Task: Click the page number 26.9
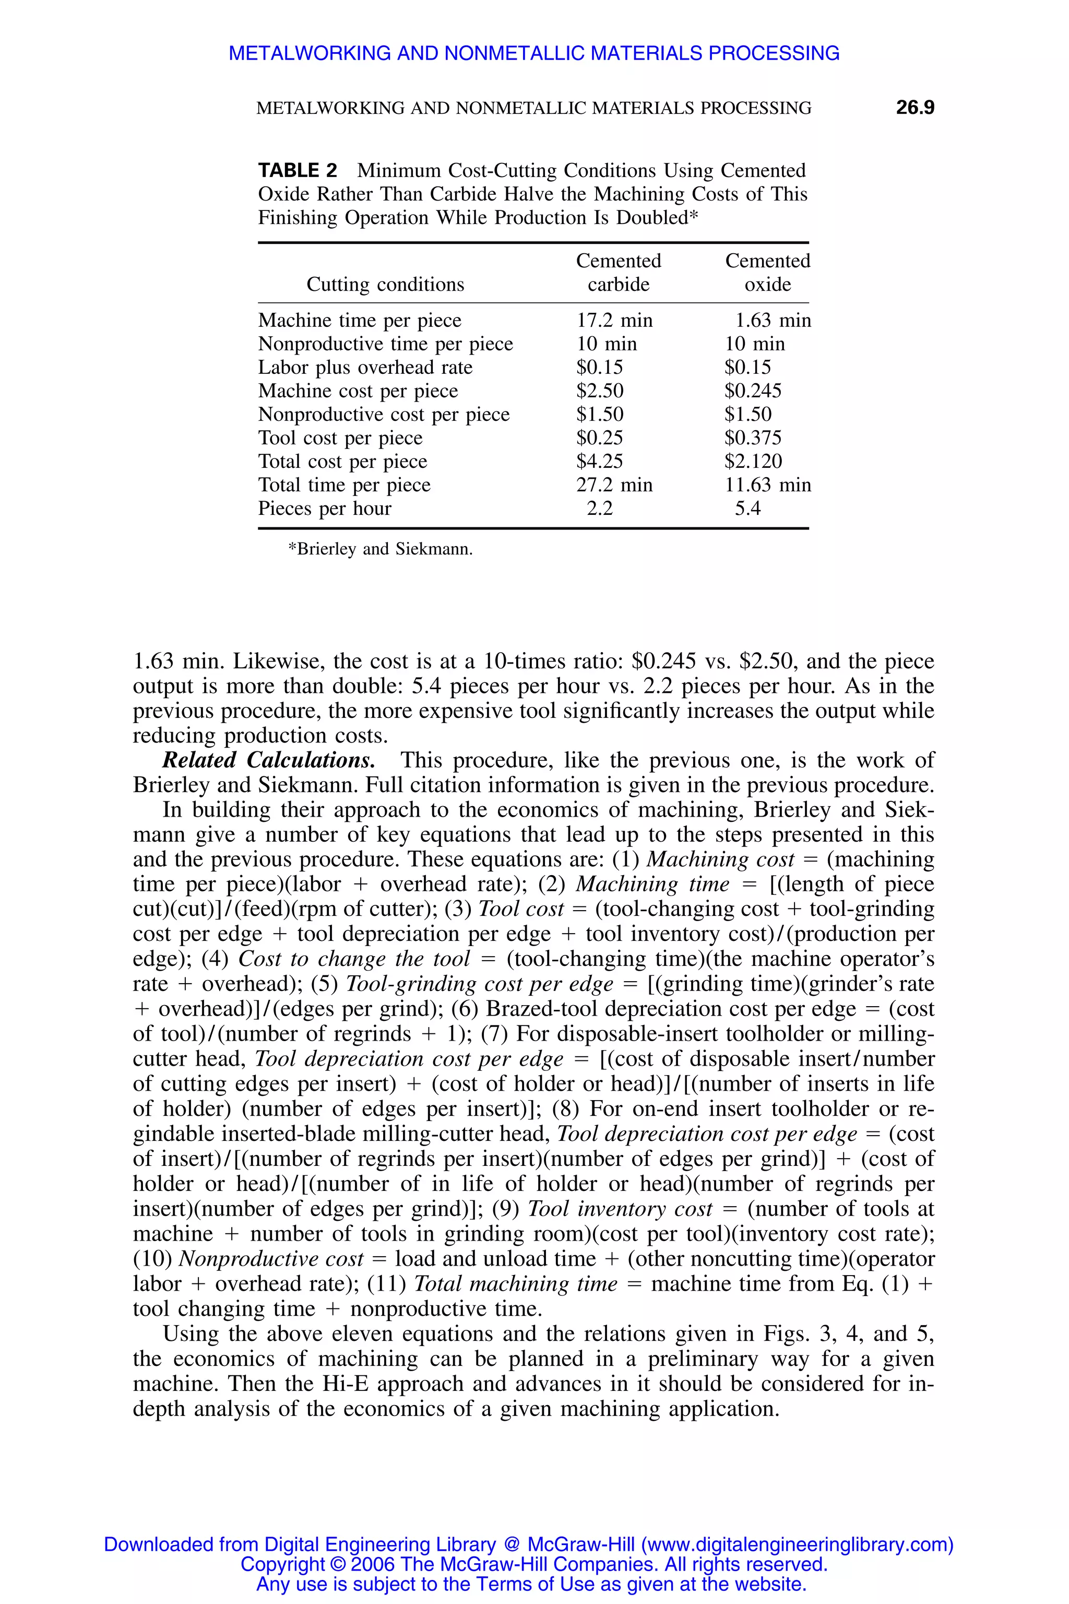[x=914, y=108]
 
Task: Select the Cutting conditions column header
[x=385, y=285]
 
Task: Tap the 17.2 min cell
[x=614, y=321]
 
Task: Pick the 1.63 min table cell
[x=772, y=321]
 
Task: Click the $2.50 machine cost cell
[x=599, y=391]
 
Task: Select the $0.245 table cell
[x=753, y=391]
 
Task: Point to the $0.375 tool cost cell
[x=753, y=438]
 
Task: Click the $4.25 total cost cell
[x=599, y=462]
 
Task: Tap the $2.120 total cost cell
[x=753, y=462]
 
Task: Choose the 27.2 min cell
[x=614, y=485]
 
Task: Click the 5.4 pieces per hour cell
[x=747, y=509]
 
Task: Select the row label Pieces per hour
[x=325, y=509]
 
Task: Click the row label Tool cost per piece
[x=340, y=438]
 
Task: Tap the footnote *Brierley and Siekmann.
[x=381, y=549]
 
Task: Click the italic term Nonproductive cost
[x=271, y=1259]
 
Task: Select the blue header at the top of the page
[x=534, y=53]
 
